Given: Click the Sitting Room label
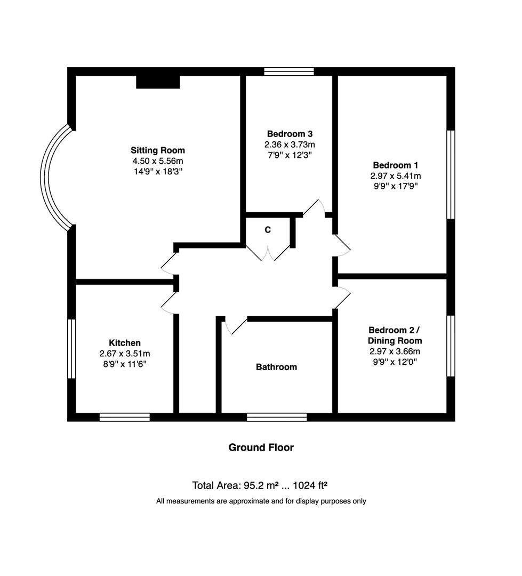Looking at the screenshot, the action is [x=158, y=150].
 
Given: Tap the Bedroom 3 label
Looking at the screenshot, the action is [x=290, y=134].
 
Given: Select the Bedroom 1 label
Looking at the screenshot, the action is [x=396, y=165].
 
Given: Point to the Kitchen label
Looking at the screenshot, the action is [x=125, y=343].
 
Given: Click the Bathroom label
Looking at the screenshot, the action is [x=277, y=367].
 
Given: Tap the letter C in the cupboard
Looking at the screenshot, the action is [x=268, y=230].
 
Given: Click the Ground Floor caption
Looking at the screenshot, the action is [x=261, y=447].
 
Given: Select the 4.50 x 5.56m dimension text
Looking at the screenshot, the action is [x=158, y=161].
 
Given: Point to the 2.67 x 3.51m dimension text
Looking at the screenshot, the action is [x=125, y=354].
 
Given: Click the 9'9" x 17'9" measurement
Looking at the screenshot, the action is [x=396, y=186].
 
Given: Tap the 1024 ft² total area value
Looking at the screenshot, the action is [x=310, y=486].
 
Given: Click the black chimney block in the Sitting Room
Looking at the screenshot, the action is [x=158, y=82].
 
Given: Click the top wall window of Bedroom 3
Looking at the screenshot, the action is [x=289, y=71].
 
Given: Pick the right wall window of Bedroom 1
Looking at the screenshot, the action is [x=451, y=174].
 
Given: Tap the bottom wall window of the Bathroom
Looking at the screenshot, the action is [x=277, y=417].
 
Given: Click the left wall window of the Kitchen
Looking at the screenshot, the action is [x=71, y=349].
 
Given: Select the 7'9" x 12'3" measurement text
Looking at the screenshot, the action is [x=290, y=155].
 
